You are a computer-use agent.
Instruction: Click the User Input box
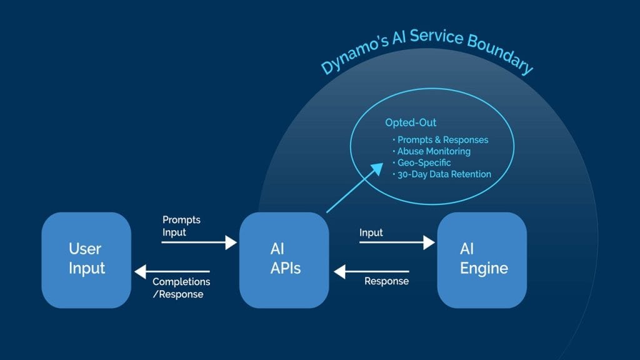pyautogui.click(x=86, y=260)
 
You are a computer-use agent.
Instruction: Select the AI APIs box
pyautogui.click(x=284, y=260)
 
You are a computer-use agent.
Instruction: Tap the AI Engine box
pyautogui.click(x=482, y=260)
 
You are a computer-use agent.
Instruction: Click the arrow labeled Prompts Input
pyautogui.click(x=199, y=242)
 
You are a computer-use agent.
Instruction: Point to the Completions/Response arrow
pyautogui.click(x=172, y=271)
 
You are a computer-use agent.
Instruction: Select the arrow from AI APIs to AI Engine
pyautogui.click(x=397, y=242)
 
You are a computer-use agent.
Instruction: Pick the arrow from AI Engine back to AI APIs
pyautogui.click(x=371, y=271)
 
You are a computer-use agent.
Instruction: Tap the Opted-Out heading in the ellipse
pyautogui.click(x=411, y=123)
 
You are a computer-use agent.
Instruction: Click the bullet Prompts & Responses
pyautogui.click(x=442, y=140)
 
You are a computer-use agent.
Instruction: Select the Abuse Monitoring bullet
pyautogui.click(x=434, y=151)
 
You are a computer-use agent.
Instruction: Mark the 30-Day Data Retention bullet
pyautogui.click(x=444, y=174)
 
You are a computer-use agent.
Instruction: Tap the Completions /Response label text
pyautogui.click(x=181, y=288)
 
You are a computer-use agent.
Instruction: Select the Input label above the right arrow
pyautogui.click(x=371, y=232)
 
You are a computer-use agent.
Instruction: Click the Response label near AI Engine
pyautogui.click(x=386, y=281)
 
